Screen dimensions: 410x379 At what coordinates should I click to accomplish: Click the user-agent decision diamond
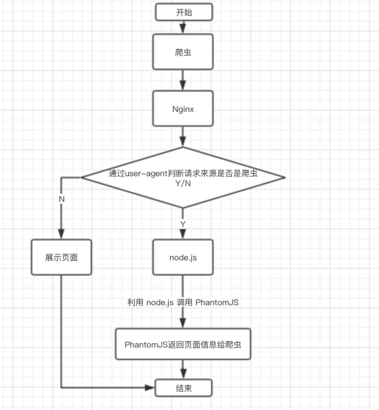(x=183, y=178)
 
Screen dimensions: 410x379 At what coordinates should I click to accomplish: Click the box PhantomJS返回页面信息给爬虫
(x=183, y=343)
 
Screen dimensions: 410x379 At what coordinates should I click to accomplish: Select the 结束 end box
(x=183, y=386)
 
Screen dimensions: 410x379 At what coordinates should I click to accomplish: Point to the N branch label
(x=62, y=198)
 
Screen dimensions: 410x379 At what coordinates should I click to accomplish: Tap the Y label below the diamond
(x=183, y=224)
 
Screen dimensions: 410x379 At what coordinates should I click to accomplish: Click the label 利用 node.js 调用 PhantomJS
(x=183, y=302)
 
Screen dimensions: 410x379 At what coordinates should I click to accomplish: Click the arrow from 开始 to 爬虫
(x=183, y=28)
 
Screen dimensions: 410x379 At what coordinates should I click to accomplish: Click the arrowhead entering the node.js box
(x=183, y=235)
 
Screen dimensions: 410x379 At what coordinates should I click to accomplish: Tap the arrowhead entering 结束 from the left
(x=152, y=386)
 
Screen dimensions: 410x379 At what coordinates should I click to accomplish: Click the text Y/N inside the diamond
(x=183, y=183)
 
